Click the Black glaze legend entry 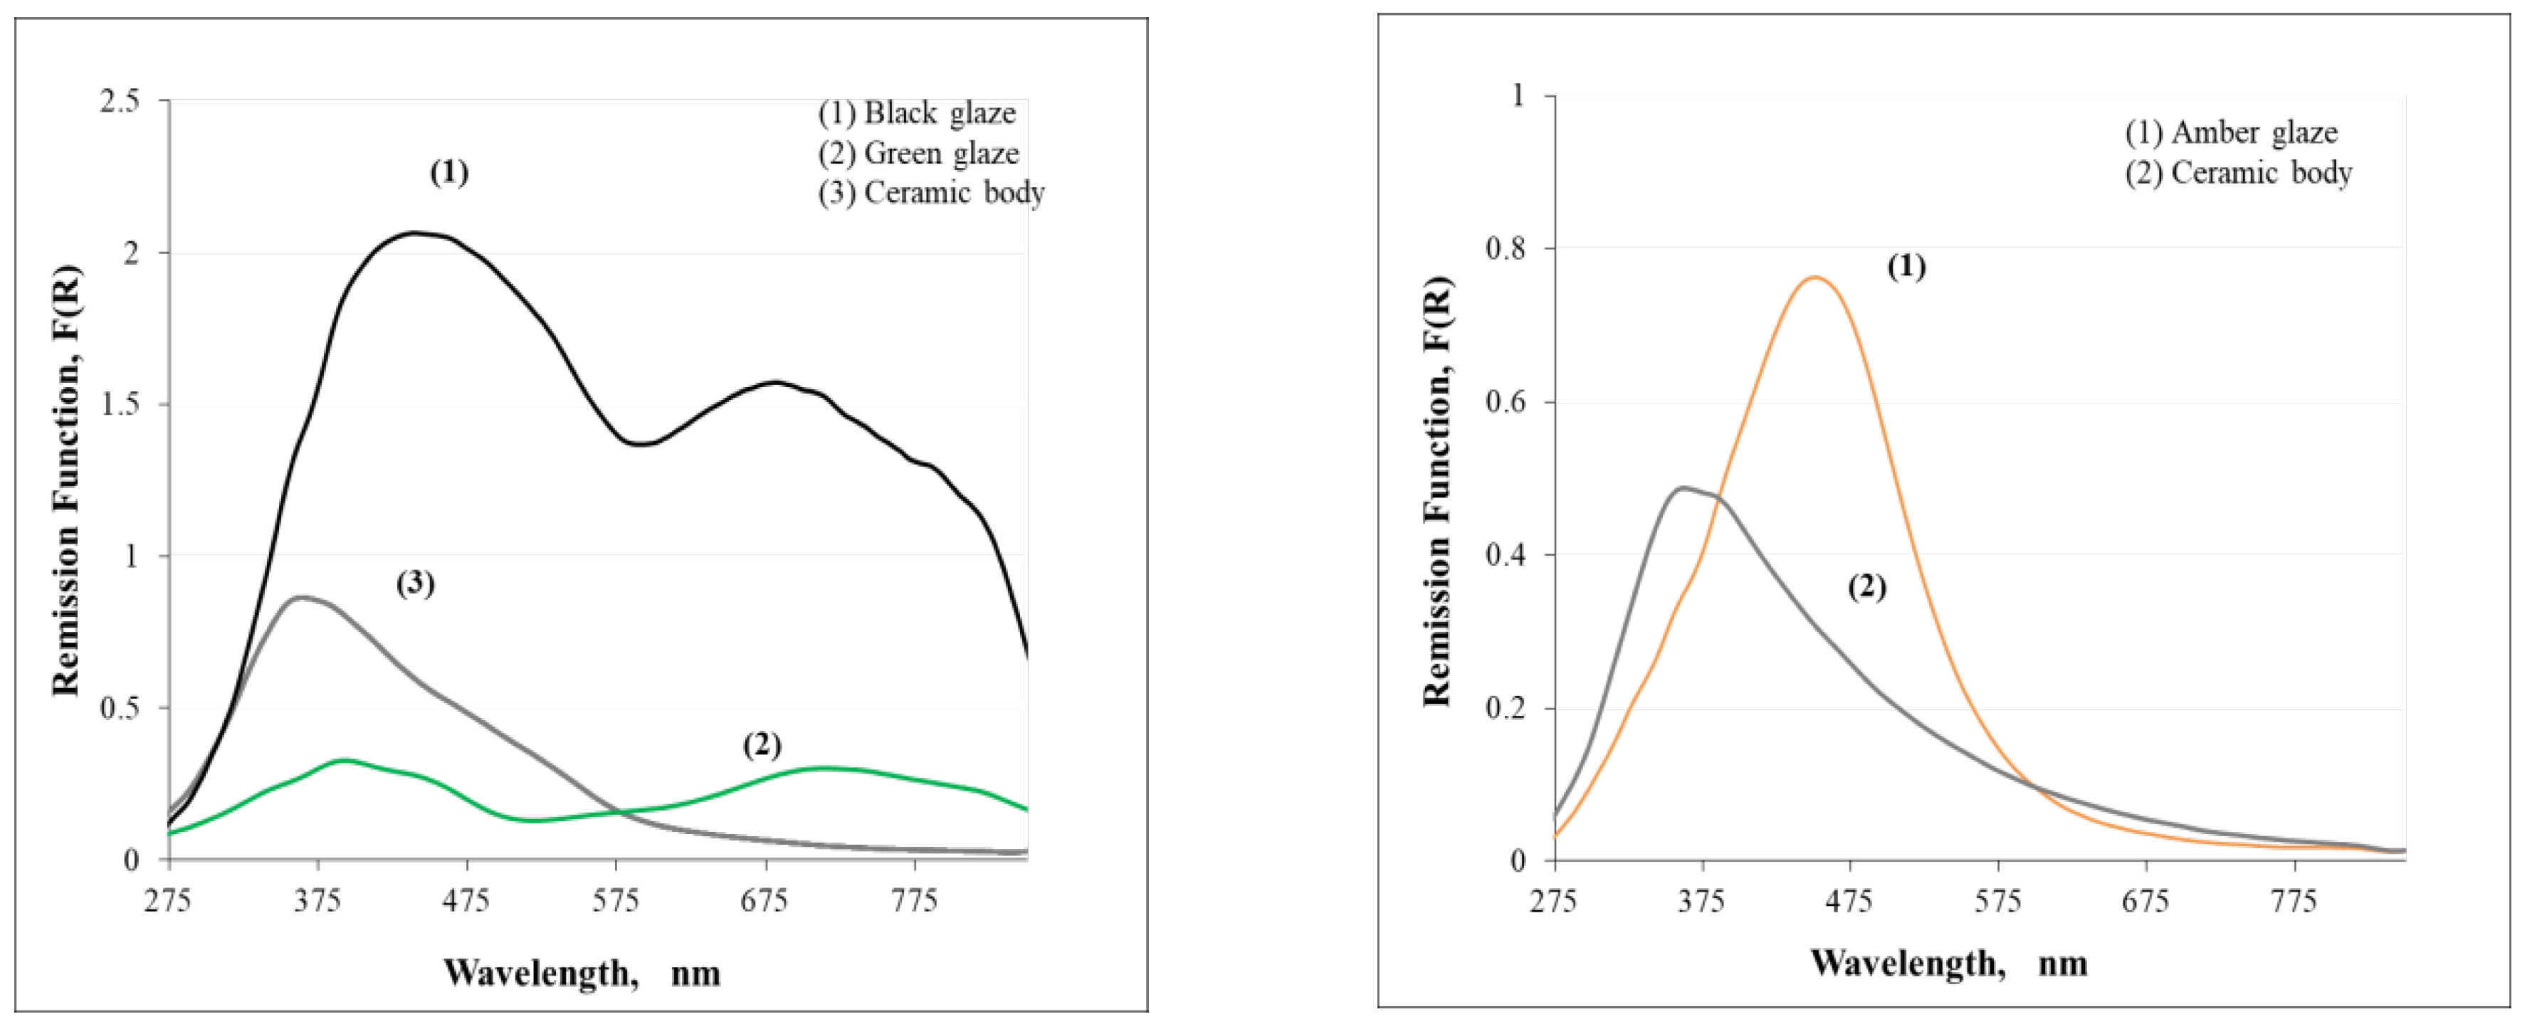tap(916, 114)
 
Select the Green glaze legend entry tap(918, 153)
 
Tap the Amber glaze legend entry tap(2230, 132)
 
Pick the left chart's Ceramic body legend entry tap(931, 193)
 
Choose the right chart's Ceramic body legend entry tap(2238, 173)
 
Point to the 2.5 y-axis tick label tap(120, 100)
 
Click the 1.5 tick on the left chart tap(120, 404)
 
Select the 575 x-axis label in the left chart tap(616, 901)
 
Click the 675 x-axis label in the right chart tap(2145, 901)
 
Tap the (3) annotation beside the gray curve tap(415, 584)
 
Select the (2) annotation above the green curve tap(762, 745)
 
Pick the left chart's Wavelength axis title tap(582, 973)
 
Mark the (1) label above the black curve tap(449, 173)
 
